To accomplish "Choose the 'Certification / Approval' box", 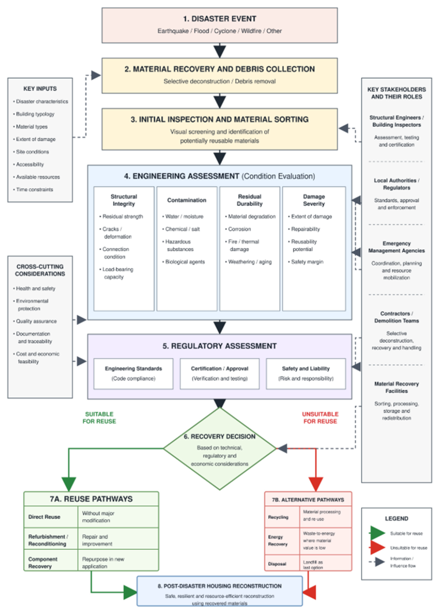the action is coord(220,374).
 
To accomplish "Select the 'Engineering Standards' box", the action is coord(133,374).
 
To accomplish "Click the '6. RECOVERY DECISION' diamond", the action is coord(220,449).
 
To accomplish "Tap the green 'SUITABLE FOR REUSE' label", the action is coord(99,418).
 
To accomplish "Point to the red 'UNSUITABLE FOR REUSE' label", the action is coord(320,418).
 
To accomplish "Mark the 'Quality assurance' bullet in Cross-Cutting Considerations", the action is coord(36,321).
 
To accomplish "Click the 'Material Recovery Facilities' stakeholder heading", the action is coord(396,387).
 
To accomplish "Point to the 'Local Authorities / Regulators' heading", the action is coord(396,184).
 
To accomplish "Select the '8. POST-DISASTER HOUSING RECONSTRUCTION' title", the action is coord(220,586).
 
